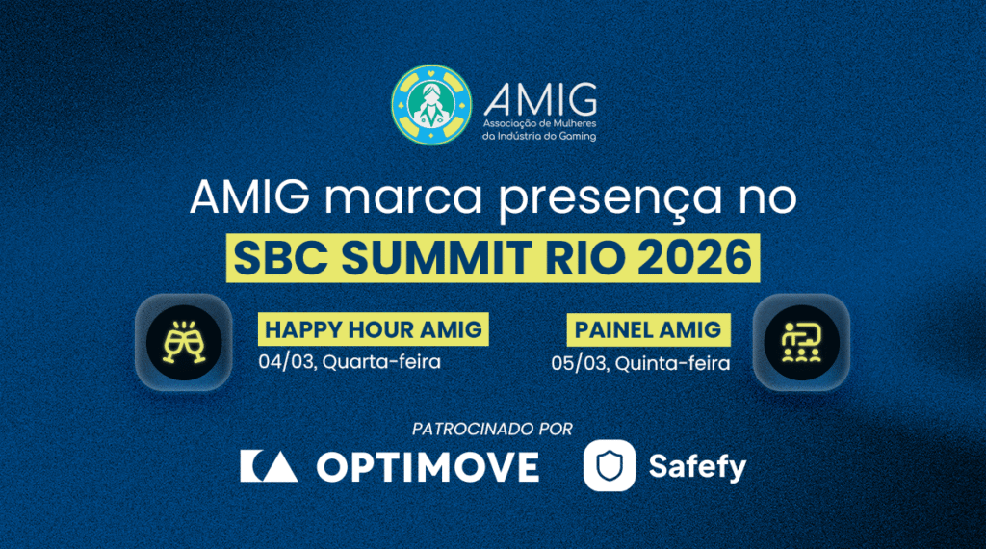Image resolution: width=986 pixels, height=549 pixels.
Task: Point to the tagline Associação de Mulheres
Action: pyautogui.click(x=540, y=124)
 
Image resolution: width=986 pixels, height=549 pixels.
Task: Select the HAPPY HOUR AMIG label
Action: pyautogui.click(x=374, y=329)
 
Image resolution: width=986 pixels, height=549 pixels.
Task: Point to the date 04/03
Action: pyautogui.click(x=278, y=362)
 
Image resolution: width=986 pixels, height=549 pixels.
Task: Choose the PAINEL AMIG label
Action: pyautogui.click(x=647, y=329)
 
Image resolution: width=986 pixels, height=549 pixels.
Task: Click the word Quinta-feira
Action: pyautogui.click(x=672, y=363)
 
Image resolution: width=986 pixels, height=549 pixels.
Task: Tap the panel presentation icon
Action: pyautogui.click(x=801, y=342)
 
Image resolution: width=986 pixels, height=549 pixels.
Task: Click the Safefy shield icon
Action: pyautogui.click(x=609, y=466)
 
